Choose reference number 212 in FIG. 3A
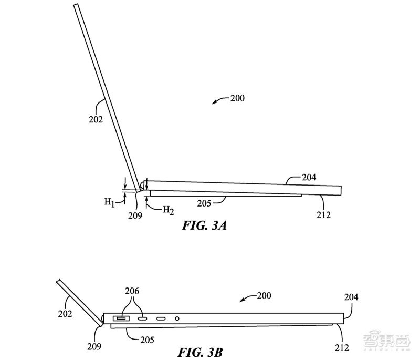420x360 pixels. [324, 214]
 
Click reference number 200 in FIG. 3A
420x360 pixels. [236, 98]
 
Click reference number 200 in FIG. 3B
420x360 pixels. [264, 296]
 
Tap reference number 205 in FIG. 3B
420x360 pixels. [147, 340]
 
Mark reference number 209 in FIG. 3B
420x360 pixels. [95, 346]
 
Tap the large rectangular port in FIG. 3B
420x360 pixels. [121, 318]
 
